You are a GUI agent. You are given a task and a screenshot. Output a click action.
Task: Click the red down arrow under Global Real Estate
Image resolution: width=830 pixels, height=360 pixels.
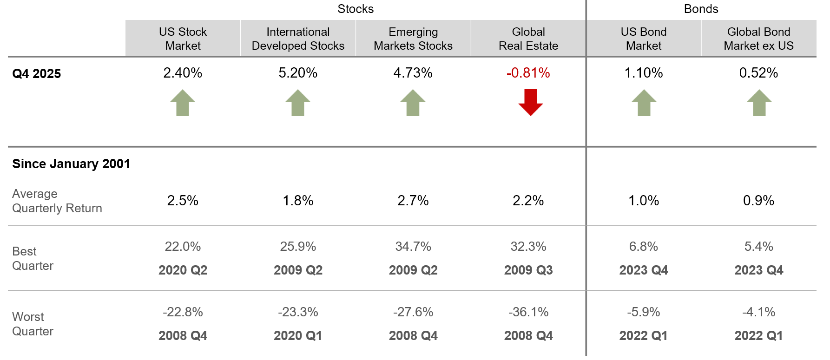[530, 102]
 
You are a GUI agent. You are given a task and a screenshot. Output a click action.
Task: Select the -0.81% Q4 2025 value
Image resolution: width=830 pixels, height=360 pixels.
[528, 73]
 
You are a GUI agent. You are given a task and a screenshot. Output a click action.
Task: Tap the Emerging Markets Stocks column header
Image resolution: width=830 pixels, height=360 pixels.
[413, 39]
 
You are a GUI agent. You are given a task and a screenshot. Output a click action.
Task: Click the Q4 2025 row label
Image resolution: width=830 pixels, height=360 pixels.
[37, 74]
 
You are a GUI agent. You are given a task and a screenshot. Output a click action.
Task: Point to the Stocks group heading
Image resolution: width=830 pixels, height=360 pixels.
[356, 9]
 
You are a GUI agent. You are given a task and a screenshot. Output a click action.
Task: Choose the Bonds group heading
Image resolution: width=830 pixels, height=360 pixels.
[701, 9]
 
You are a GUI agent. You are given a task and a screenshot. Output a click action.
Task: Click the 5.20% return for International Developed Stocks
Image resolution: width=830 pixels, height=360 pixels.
[298, 73]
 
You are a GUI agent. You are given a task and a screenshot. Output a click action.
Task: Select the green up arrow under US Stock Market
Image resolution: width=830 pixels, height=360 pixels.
[183, 103]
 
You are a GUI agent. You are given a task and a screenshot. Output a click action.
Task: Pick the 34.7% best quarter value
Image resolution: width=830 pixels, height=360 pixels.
[413, 247]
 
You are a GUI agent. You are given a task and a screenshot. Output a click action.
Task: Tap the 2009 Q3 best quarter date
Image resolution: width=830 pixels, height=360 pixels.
[528, 270]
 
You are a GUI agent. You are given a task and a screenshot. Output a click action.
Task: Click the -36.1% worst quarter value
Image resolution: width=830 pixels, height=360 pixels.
[528, 312]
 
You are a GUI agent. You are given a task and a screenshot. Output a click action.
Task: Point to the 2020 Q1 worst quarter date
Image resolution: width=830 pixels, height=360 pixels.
[298, 336]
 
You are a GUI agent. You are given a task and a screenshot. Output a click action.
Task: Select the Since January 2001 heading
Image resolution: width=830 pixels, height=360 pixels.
[71, 164]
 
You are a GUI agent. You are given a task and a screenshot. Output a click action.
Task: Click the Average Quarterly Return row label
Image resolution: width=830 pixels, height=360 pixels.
[57, 201]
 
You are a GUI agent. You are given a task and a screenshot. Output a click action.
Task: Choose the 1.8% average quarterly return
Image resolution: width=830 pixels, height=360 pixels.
[298, 201]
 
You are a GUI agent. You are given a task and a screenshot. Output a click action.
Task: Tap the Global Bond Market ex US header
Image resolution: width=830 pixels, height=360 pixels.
[758, 39]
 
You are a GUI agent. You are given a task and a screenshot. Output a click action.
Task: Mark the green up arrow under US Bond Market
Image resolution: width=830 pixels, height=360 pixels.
[644, 103]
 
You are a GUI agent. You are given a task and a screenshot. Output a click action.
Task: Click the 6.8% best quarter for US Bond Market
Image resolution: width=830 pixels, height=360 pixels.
[644, 247]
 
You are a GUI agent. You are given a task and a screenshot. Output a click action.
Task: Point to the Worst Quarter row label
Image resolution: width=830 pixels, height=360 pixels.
[33, 324]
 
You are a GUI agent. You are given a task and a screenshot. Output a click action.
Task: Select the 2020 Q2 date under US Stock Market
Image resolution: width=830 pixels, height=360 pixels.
[183, 270]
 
